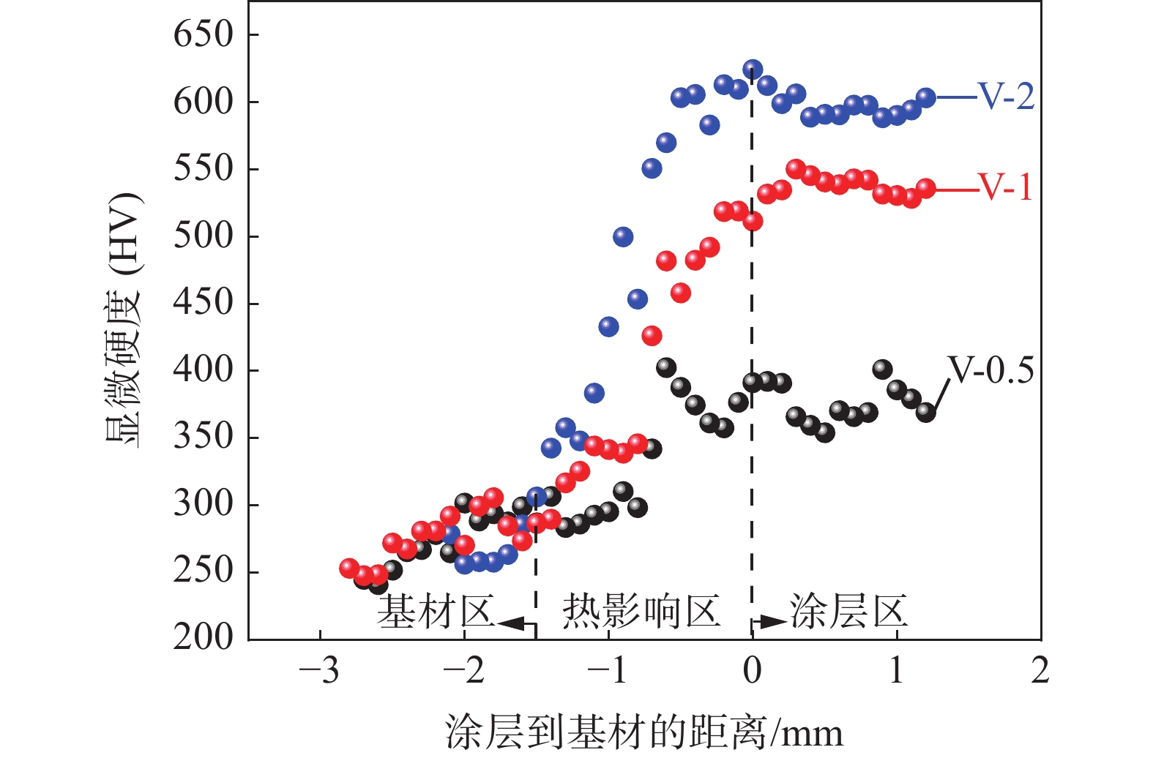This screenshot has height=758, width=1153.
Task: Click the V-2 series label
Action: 1007,97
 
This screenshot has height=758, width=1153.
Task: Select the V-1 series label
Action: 1006,188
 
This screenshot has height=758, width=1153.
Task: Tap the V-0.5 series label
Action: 990,371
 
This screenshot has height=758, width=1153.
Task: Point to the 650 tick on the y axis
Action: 203,34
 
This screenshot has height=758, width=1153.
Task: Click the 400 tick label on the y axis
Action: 203,370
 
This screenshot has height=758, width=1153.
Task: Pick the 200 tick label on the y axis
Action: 203,639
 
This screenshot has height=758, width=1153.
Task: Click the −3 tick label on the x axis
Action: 319,671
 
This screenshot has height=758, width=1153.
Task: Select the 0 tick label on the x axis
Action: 752,671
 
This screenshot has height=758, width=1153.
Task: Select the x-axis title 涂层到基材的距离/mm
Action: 643,732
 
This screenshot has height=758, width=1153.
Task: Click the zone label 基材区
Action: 436,612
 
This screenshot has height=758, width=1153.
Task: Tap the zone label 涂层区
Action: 848,612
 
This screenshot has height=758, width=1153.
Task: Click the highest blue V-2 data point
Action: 753,70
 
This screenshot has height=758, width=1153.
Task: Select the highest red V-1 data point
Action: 796,169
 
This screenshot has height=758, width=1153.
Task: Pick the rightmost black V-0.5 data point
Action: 925,412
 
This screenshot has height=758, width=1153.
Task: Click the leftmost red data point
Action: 349,568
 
